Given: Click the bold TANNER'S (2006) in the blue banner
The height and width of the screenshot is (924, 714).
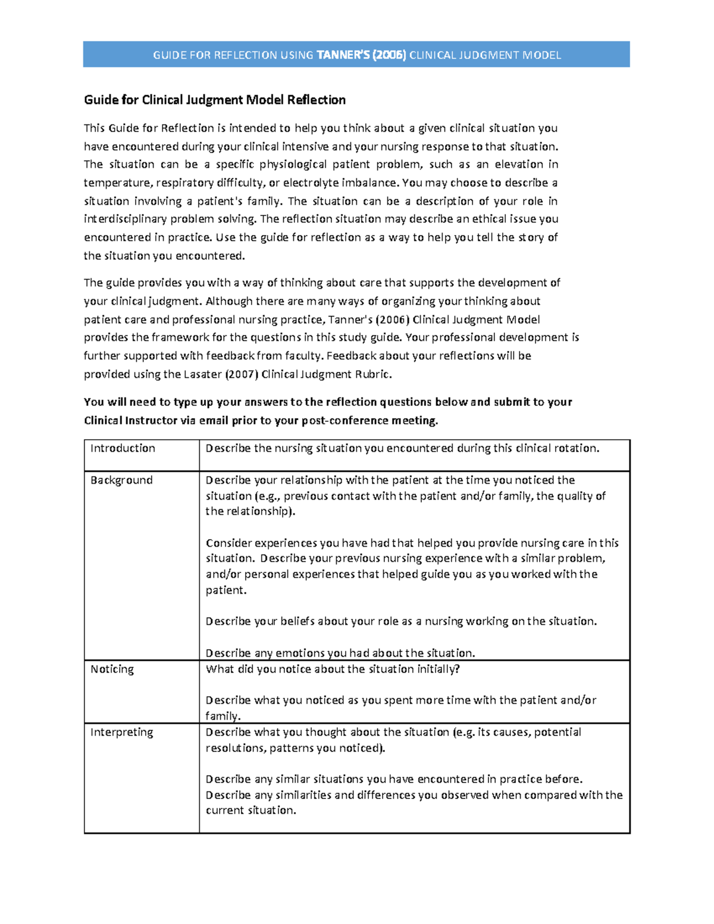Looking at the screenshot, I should point(361,55).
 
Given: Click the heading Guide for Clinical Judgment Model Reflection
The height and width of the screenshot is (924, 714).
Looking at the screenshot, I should point(215,100).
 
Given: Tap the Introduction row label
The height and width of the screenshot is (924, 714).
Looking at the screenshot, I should point(123,449).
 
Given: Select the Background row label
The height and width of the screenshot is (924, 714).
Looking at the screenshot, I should point(121,480).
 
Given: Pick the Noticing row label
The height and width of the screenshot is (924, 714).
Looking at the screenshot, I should point(112,669).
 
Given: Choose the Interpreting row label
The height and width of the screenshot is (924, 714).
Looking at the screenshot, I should point(121,732).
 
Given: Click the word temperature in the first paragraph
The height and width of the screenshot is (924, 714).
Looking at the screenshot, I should point(117,183).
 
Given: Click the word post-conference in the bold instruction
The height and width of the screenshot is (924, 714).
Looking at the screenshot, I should point(345,421).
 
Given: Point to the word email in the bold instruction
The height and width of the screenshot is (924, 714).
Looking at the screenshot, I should point(214,421).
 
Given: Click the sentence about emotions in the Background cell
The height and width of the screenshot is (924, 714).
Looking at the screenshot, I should point(340,653).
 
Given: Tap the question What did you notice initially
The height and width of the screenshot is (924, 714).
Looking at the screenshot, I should point(333,669).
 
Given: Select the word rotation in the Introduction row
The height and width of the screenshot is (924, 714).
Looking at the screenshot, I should point(576,449).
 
